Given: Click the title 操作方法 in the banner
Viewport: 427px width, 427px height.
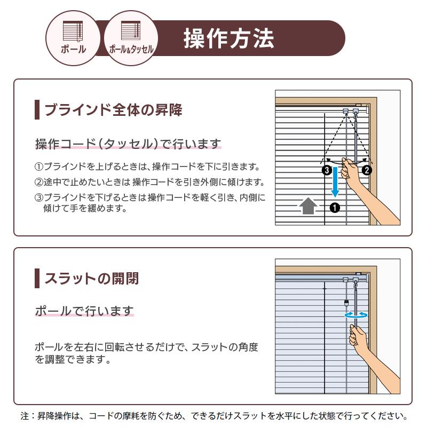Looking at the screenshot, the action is point(229,38).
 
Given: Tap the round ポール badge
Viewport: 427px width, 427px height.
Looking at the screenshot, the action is point(73,38).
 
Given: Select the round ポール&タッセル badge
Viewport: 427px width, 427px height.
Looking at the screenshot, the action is point(131,38).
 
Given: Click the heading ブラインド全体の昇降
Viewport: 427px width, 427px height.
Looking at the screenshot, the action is point(113,110).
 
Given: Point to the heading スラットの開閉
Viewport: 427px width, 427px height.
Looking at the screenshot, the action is point(92,278).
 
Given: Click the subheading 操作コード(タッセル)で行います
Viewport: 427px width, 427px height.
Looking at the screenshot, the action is point(128,144).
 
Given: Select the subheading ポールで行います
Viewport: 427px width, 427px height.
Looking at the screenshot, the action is point(84,311).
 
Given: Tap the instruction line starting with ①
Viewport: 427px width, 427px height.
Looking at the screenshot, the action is point(147,167).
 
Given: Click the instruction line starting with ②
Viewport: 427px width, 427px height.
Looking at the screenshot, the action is point(149,182).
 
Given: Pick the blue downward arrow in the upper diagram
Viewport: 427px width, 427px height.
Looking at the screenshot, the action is point(335,182).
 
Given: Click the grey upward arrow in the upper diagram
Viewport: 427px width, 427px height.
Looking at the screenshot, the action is point(308,205).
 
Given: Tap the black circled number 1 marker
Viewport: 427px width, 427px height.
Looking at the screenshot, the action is point(335,208).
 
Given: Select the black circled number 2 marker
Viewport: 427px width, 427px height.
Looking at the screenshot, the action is point(367,170).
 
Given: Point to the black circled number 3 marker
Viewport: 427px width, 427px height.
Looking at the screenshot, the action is point(327,170).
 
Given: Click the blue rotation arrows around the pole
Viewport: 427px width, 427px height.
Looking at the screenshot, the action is point(356,315).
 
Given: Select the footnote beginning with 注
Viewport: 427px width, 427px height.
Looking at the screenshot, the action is point(214,416).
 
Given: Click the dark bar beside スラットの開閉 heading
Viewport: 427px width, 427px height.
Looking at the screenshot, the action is point(37,278).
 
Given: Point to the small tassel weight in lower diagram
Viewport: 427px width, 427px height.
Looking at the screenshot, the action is point(346,303).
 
